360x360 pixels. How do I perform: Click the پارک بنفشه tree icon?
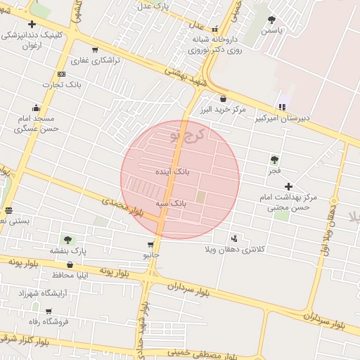point(67,240)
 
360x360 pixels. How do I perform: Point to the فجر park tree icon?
point(274,160)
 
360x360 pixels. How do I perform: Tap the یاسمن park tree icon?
point(272,20)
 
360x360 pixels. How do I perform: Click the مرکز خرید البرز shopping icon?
point(224,99)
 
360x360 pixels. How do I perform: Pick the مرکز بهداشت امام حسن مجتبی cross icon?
point(288,186)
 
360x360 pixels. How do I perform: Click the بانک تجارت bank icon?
point(61,75)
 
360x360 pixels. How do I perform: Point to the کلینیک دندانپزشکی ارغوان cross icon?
point(32,25)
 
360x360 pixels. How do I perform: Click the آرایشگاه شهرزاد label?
point(41,292)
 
